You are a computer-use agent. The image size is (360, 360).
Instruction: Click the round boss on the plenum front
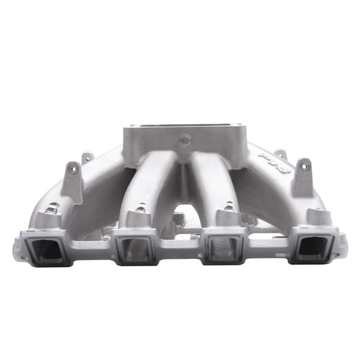click(x=184, y=142)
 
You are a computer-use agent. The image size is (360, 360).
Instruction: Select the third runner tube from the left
click(x=214, y=180)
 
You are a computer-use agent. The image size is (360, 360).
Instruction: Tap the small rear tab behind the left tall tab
click(x=87, y=158)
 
